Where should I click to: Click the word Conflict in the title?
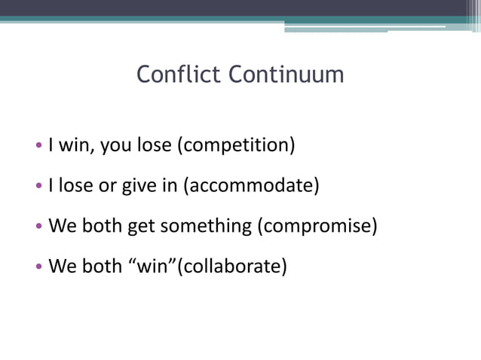click(179, 75)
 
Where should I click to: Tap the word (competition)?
click(235, 144)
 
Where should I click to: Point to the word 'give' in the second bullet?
click(140, 185)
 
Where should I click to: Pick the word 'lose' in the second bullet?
click(74, 185)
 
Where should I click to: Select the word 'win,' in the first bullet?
click(76, 144)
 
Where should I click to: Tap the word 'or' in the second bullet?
click(107, 185)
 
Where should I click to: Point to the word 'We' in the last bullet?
click(61, 266)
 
